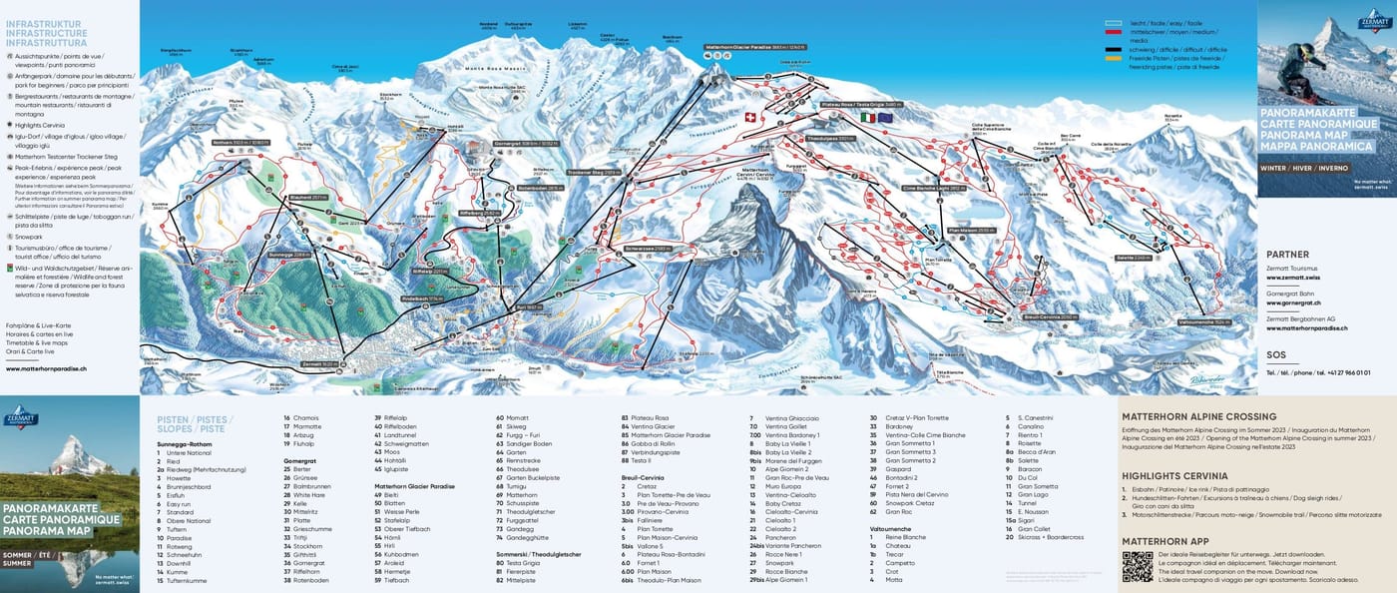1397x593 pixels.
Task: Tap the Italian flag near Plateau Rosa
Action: [x=868, y=117]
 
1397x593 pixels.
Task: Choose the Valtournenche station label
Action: [x=1203, y=322]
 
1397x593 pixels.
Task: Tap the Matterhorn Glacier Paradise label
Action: [x=755, y=47]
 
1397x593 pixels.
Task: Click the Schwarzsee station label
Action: [x=648, y=247]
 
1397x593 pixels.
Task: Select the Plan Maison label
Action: [x=971, y=231]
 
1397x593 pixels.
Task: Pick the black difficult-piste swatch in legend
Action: [x=1114, y=48]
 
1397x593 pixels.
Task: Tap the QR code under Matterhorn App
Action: [x=1137, y=565]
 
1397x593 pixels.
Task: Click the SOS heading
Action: [x=1275, y=354]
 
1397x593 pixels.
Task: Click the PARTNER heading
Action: [x=1287, y=255]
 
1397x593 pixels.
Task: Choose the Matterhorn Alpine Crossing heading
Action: [x=1198, y=416]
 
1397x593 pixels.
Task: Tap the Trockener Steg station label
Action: [x=593, y=173]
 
